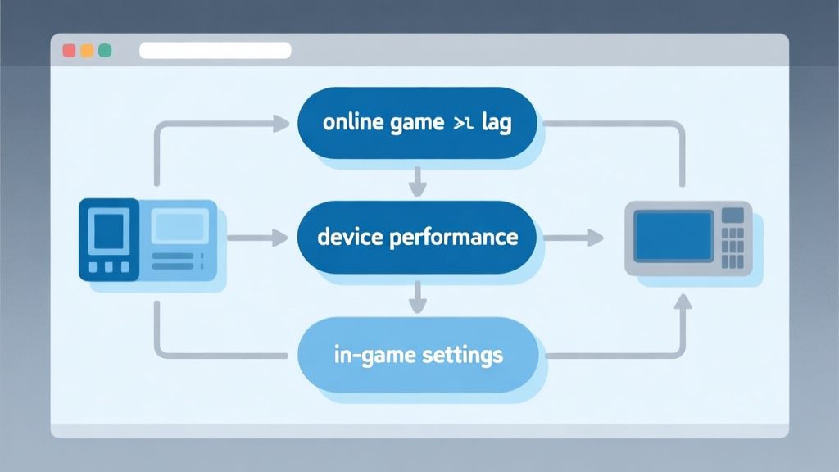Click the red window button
(x=69, y=51)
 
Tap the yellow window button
(x=87, y=51)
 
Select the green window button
(x=105, y=51)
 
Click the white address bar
(x=215, y=51)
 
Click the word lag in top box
(x=495, y=124)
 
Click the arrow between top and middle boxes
(x=417, y=181)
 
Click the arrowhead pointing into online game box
(x=280, y=124)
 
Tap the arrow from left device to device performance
(x=257, y=238)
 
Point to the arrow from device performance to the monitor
(x=573, y=238)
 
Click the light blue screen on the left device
(x=181, y=225)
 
